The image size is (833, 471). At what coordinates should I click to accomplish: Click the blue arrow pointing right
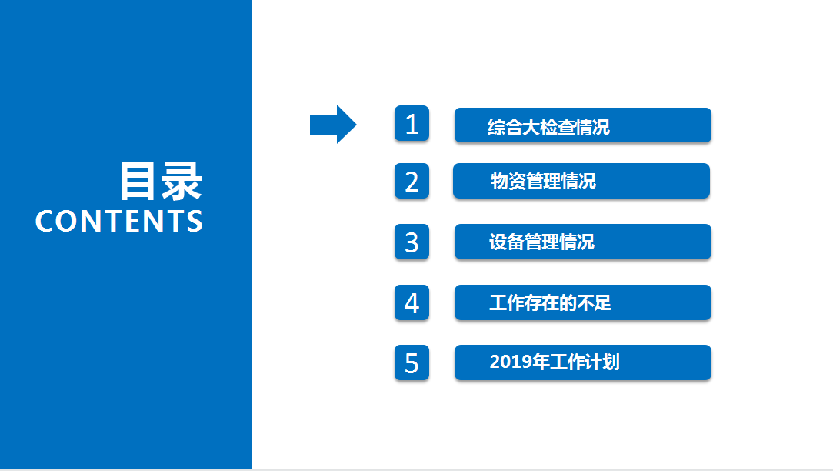pyautogui.click(x=333, y=125)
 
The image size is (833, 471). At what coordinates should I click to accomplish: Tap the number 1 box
pyautogui.click(x=412, y=123)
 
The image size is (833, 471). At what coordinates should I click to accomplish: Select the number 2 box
pyautogui.click(x=412, y=181)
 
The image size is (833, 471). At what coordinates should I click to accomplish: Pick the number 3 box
pyautogui.click(x=412, y=242)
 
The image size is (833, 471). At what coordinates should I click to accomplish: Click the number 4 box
pyautogui.click(x=412, y=302)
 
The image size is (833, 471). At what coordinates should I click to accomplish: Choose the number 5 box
pyautogui.click(x=412, y=362)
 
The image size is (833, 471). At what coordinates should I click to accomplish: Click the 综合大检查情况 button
pyautogui.click(x=583, y=125)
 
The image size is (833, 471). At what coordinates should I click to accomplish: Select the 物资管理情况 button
pyautogui.click(x=581, y=181)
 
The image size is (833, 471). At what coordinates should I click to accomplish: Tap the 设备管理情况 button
pyautogui.click(x=583, y=242)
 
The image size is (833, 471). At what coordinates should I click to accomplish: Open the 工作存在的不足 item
pyautogui.click(x=583, y=302)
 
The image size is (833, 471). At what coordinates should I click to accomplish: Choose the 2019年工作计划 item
pyautogui.click(x=583, y=362)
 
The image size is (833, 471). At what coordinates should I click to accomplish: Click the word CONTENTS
pyautogui.click(x=119, y=221)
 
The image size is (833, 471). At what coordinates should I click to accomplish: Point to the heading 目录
pyautogui.click(x=161, y=182)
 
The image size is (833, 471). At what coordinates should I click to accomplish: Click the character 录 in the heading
pyautogui.click(x=182, y=182)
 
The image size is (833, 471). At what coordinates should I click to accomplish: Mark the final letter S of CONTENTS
pyautogui.click(x=195, y=221)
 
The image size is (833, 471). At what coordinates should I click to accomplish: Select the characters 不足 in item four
pyautogui.click(x=594, y=303)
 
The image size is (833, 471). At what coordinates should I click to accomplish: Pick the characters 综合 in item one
pyautogui.click(x=505, y=127)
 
